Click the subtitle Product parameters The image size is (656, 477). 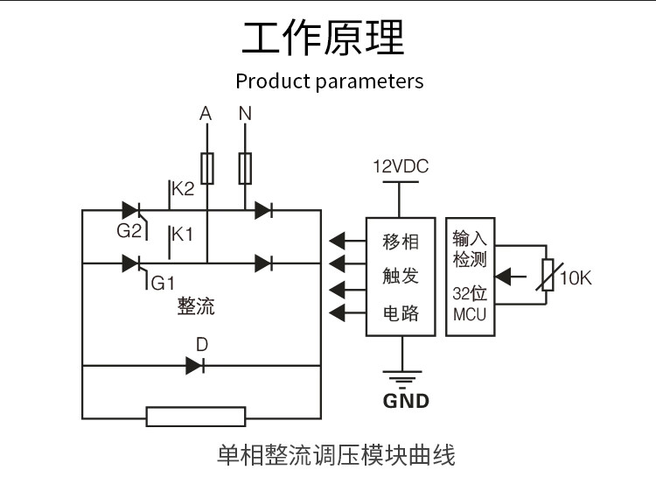(329, 81)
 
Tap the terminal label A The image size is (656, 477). (206, 114)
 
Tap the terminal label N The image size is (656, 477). (245, 114)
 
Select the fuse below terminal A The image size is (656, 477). (207, 168)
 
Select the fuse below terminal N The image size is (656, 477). (246, 168)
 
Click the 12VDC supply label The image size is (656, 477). (401, 166)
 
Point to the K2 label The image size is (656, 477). (182, 189)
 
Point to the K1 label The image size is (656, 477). (182, 235)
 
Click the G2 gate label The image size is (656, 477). (129, 231)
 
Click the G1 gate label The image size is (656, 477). (164, 283)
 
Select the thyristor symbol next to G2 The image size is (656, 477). (132, 210)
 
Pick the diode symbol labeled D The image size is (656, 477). (195, 366)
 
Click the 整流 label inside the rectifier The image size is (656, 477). (196, 306)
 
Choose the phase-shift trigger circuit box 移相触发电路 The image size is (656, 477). (401, 277)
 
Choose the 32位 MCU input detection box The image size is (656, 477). (470, 277)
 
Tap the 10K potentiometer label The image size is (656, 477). (576, 278)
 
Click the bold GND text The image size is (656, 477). (406, 402)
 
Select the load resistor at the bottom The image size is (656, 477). (196, 417)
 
